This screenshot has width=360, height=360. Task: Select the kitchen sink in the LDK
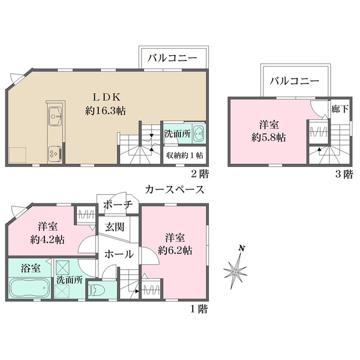pos(53,115)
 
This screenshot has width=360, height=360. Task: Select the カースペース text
pos(175,190)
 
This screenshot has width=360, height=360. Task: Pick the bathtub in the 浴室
pos(30,289)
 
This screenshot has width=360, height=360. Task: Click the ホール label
pos(119,254)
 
